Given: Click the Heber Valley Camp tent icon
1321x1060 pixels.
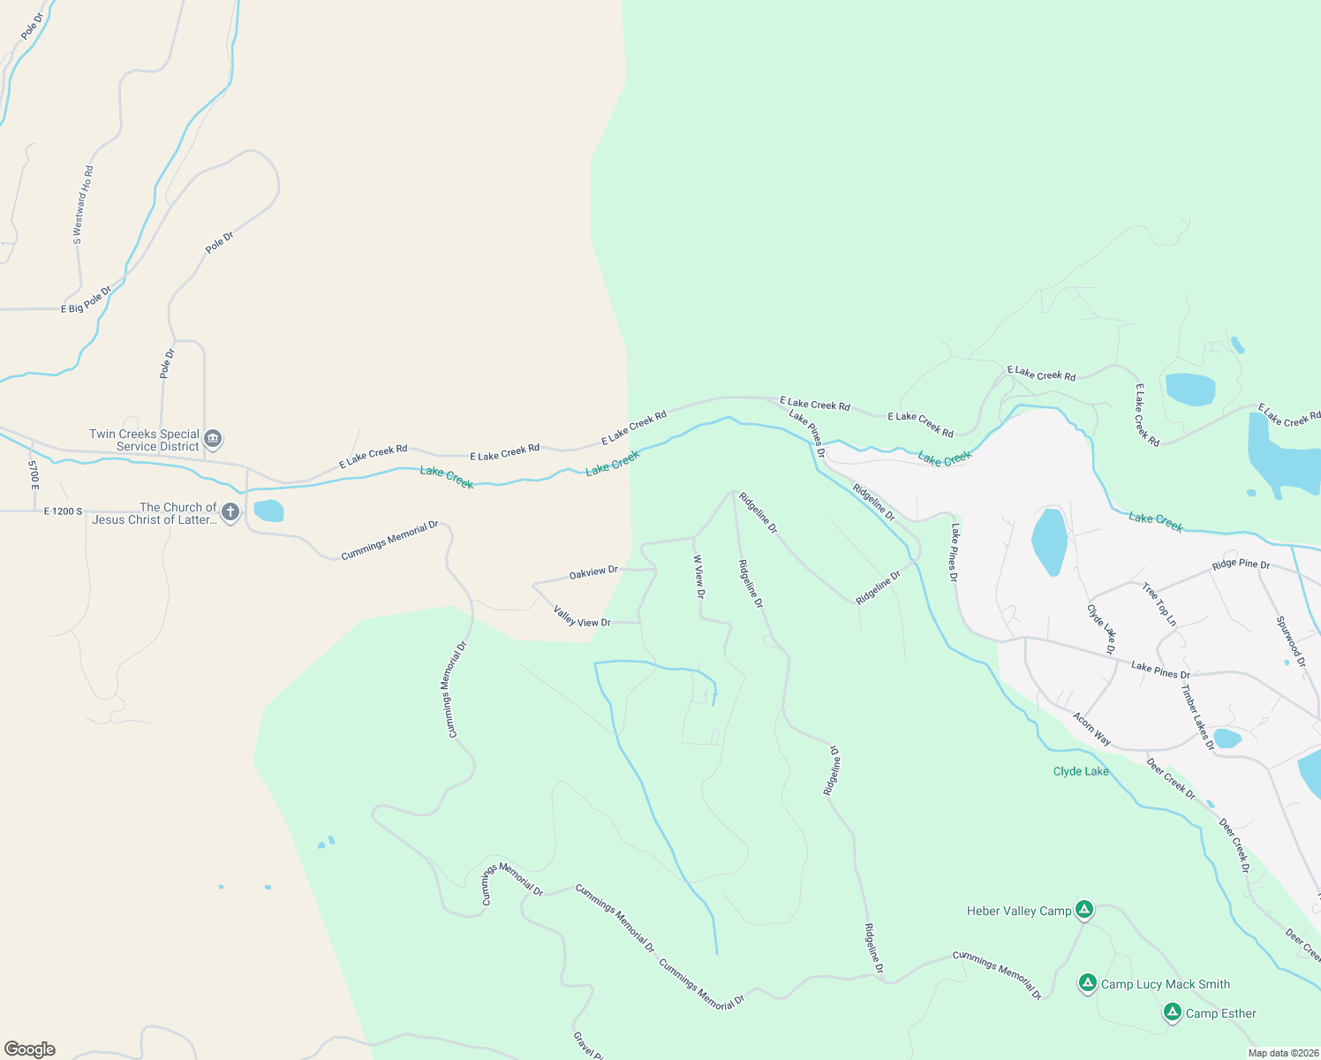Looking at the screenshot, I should (x=1084, y=909).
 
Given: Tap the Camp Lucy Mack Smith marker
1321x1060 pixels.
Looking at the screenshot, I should (x=1088, y=982).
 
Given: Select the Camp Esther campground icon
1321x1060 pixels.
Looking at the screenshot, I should (x=1173, y=1011).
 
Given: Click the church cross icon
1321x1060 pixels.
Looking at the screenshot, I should (x=230, y=511).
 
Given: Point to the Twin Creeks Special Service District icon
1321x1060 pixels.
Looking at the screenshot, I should (x=213, y=438).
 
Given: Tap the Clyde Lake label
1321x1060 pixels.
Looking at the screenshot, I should (x=1081, y=771).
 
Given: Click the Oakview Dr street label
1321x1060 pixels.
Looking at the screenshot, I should (x=593, y=572).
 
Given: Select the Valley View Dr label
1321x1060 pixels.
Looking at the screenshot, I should (x=582, y=617).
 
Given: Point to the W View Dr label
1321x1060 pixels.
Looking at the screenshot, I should (x=698, y=577).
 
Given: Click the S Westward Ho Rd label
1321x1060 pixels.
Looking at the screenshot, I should (x=82, y=205).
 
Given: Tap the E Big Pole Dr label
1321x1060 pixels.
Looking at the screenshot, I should (x=87, y=300).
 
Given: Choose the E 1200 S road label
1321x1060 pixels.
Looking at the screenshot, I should (x=63, y=511).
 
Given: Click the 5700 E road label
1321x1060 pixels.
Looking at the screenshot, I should (x=34, y=474).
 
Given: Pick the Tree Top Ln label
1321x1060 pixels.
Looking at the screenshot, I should (x=1159, y=604).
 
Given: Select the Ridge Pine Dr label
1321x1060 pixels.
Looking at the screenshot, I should (x=1241, y=564).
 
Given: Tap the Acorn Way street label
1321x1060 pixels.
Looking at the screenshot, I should (x=1091, y=729).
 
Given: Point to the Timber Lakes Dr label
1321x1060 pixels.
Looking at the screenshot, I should (x=1197, y=717).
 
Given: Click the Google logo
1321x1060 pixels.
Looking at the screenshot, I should (x=30, y=1049).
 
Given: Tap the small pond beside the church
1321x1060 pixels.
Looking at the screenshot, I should (x=268, y=511).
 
